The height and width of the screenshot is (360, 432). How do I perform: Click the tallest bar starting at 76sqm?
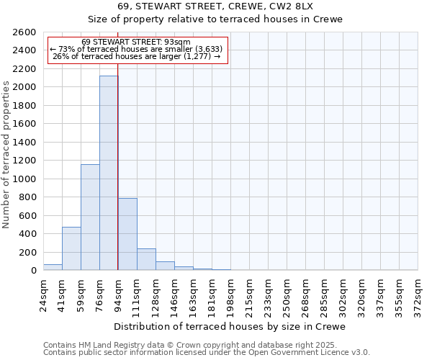[109, 173]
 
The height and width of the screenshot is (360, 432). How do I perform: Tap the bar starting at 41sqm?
[71, 248]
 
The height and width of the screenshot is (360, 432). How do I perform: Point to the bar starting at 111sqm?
[146, 259]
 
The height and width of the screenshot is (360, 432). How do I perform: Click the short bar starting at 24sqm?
[53, 267]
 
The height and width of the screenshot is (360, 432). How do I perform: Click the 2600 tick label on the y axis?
[24, 32]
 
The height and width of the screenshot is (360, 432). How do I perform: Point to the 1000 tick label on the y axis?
[24, 179]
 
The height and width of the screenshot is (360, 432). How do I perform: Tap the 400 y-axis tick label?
[27, 234]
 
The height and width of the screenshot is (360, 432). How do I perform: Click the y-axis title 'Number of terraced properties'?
[7, 155]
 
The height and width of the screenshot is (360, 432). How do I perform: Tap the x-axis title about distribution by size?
[230, 326]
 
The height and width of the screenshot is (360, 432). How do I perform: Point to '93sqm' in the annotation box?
[176, 42]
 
